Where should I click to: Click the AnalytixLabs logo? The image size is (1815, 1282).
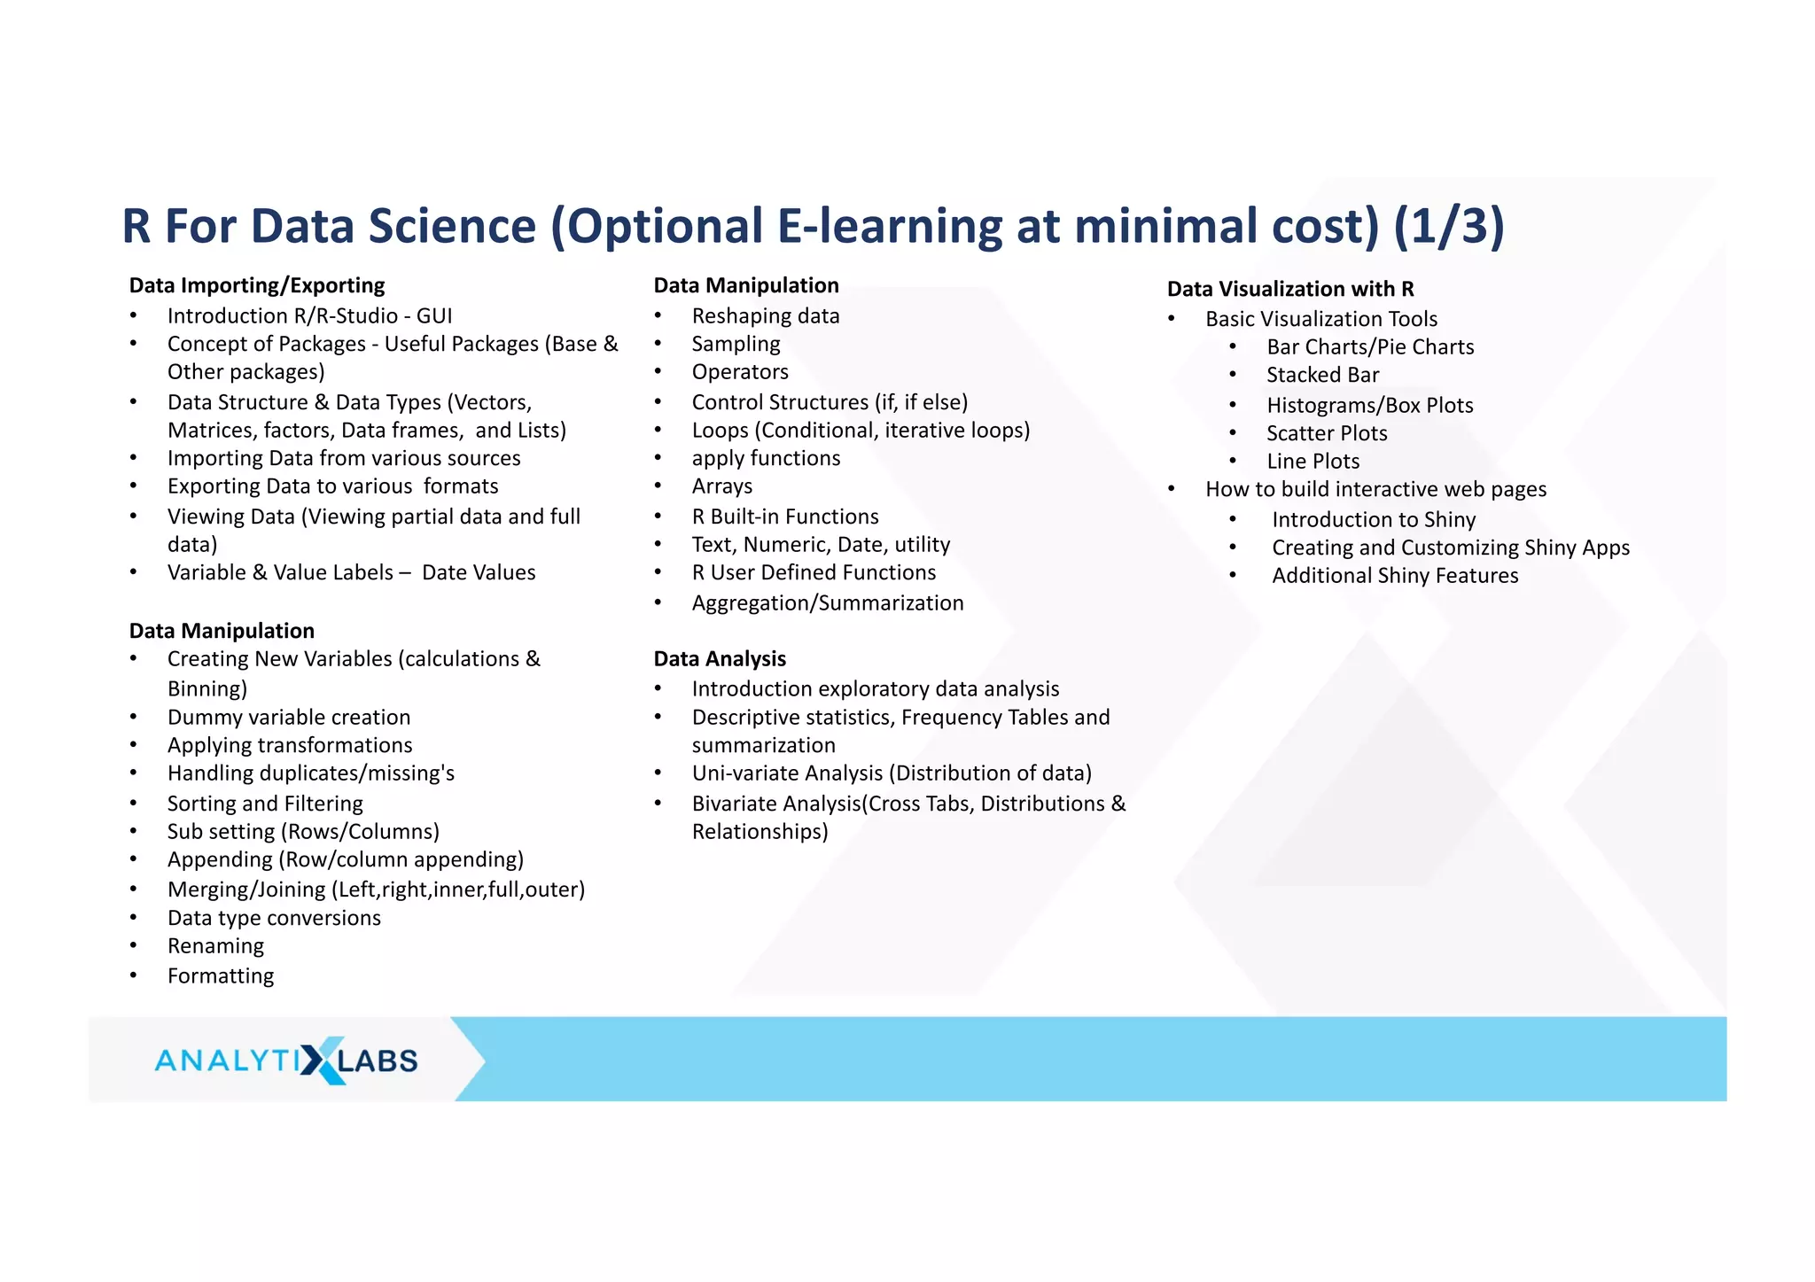pyautogui.click(x=285, y=1060)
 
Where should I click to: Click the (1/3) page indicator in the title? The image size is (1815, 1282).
pyautogui.click(x=1448, y=226)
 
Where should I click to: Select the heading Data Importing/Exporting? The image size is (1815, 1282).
pyautogui.click(x=257, y=285)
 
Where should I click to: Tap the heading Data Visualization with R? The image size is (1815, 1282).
pyautogui.click(x=1289, y=289)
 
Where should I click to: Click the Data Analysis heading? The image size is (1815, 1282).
pyautogui.click(x=720, y=658)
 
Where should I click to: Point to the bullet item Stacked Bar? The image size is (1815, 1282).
pyautogui.click(x=1322, y=375)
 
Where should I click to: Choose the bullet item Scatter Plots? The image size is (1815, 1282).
pyautogui.click(x=1327, y=433)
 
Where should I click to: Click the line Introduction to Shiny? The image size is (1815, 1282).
pyautogui.click(x=1374, y=519)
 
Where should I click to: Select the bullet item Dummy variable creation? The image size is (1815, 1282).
pyautogui.click(x=289, y=717)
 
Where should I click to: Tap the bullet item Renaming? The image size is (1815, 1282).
pyautogui.click(x=215, y=946)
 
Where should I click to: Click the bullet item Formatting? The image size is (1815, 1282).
pyautogui.click(x=221, y=975)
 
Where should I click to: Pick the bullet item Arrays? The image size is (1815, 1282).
pyautogui.click(x=721, y=486)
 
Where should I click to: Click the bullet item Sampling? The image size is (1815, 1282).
pyautogui.click(x=736, y=344)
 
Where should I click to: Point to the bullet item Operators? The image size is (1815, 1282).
pyautogui.click(x=740, y=372)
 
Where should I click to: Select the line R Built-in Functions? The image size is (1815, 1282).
pyautogui.click(x=785, y=517)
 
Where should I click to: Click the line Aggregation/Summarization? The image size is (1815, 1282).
pyautogui.click(x=828, y=602)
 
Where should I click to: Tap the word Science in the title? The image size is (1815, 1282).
pyautogui.click(x=452, y=226)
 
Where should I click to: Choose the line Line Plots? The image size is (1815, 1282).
pyautogui.click(x=1313, y=462)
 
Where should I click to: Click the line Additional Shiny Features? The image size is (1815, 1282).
pyautogui.click(x=1395, y=576)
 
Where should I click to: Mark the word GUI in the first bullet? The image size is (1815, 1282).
pyautogui.click(x=434, y=316)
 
